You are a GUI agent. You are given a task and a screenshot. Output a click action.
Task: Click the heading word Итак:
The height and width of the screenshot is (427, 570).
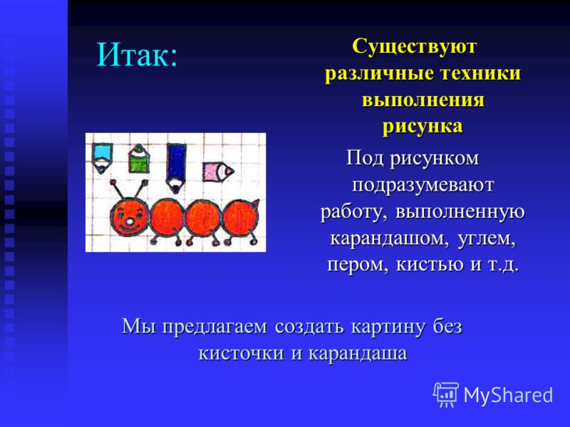pyautogui.click(x=137, y=55)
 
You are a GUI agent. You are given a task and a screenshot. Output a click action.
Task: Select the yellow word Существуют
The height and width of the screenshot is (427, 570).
pyautogui.click(x=414, y=46)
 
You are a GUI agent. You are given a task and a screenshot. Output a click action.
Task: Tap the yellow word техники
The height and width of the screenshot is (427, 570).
pyautogui.click(x=480, y=73)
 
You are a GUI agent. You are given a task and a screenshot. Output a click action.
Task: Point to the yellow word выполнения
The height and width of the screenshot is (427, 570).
pyautogui.click(x=423, y=100)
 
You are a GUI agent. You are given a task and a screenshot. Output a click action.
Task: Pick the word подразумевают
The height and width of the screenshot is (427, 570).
pyautogui.click(x=423, y=185)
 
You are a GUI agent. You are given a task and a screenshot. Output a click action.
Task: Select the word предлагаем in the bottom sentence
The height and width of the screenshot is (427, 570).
pyautogui.click(x=214, y=327)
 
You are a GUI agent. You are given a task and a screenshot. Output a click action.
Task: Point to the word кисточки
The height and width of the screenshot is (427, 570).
pyautogui.click(x=241, y=353)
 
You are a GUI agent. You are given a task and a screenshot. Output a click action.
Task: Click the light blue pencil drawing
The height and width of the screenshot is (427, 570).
pyautogui.click(x=102, y=157)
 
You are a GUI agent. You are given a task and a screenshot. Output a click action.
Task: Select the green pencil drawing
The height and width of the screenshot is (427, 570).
pyautogui.click(x=139, y=158)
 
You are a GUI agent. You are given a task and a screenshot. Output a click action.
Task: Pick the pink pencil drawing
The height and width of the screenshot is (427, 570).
pyautogui.click(x=217, y=172)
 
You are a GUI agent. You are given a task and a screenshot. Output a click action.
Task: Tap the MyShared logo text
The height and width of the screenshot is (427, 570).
pyautogui.click(x=508, y=395)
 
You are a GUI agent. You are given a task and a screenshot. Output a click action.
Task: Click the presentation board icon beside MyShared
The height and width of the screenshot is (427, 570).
pyautogui.click(x=446, y=394)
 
